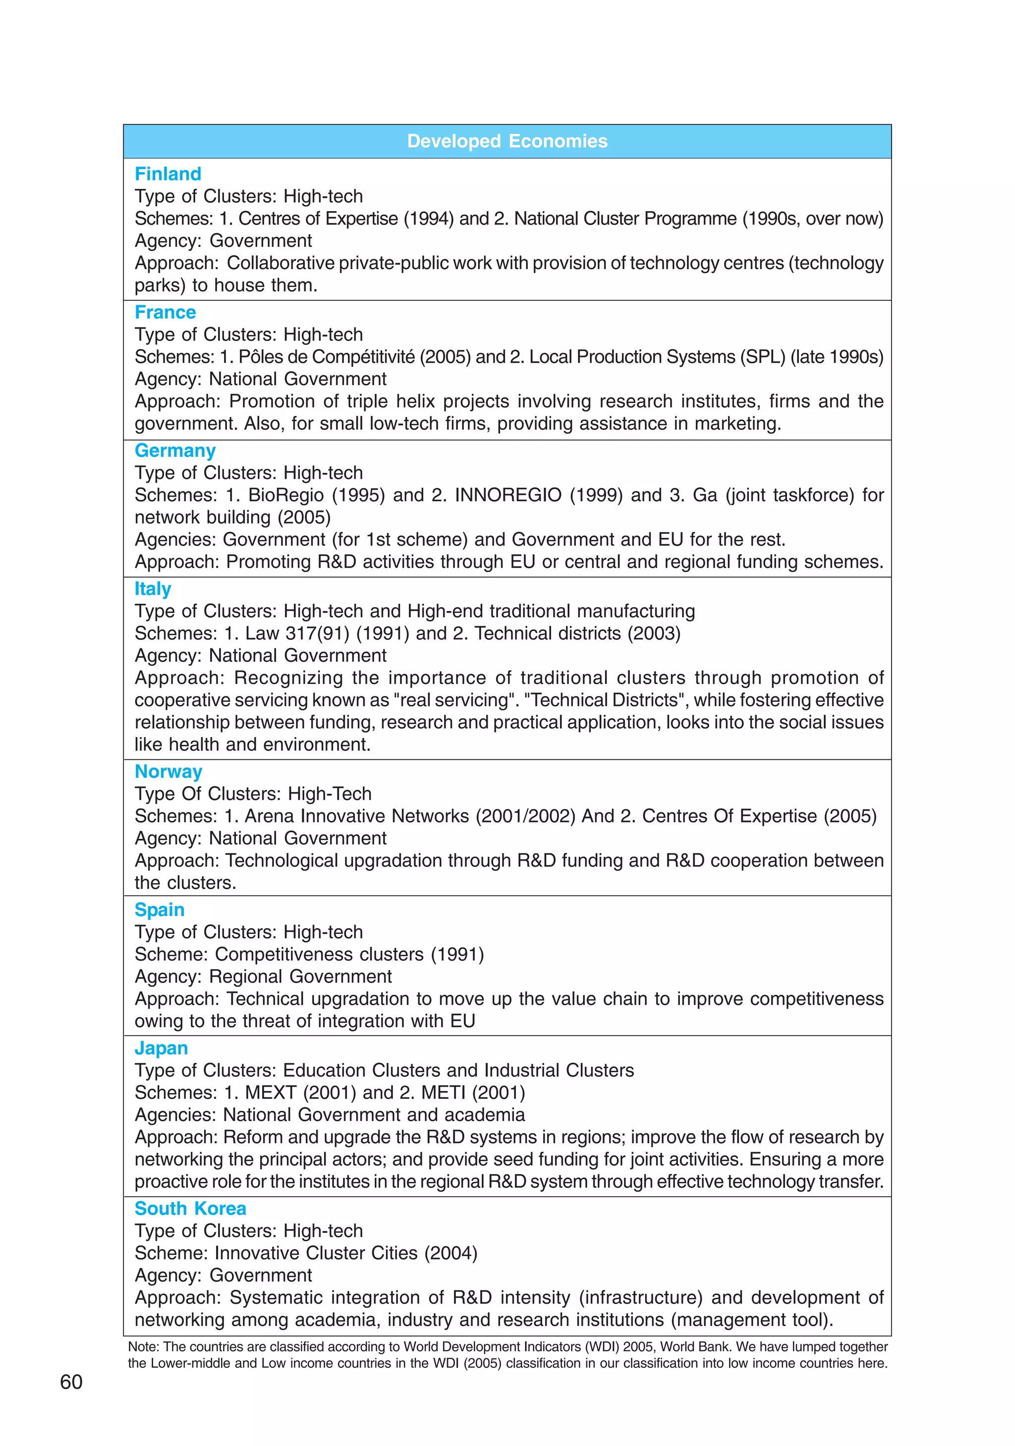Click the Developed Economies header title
click(507, 141)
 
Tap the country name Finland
click(168, 174)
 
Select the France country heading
click(165, 312)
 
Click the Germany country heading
click(175, 451)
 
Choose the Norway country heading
click(168, 771)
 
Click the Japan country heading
click(161, 1048)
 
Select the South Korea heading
click(190, 1209)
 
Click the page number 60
click(71, 1382)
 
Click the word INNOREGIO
click(507, 495)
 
